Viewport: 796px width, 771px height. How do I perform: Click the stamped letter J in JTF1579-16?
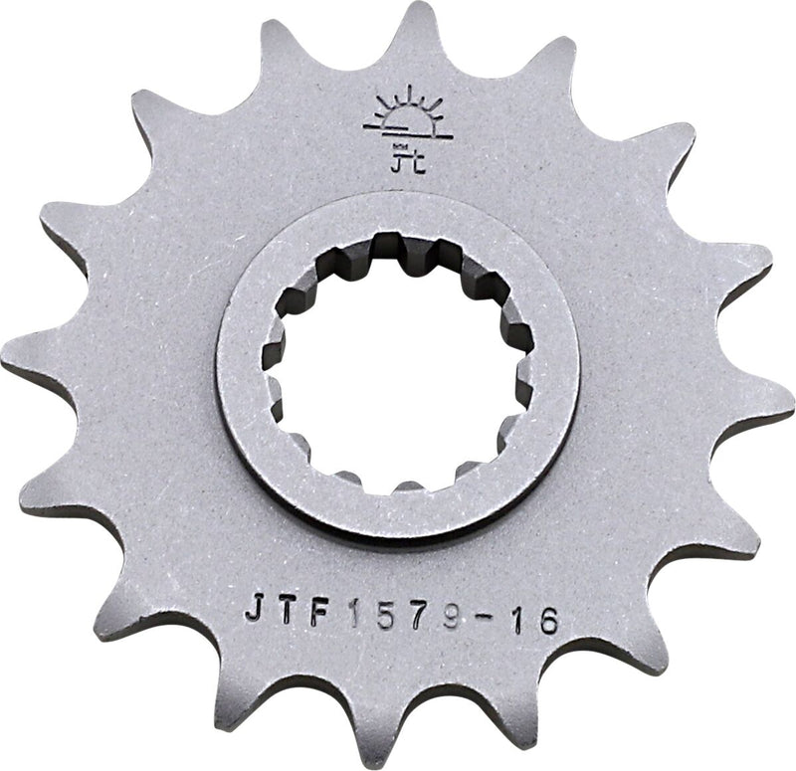(255, 608)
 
